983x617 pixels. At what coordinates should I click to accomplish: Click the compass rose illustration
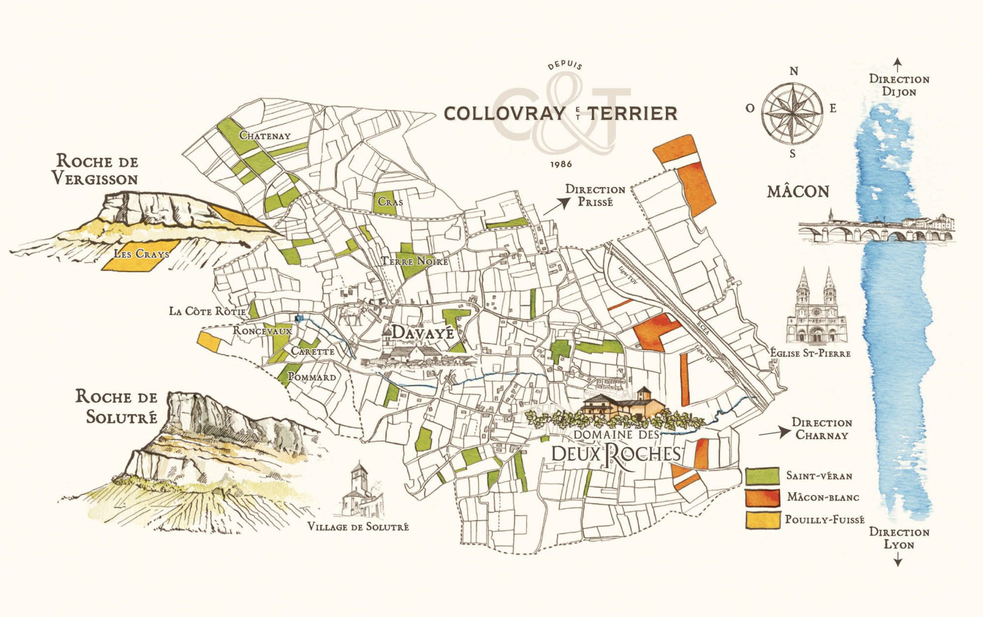point(792,113)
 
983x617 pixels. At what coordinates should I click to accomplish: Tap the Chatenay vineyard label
point(265,136)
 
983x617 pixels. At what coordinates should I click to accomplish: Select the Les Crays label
point(142,254)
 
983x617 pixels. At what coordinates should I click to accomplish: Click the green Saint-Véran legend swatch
point(762,476)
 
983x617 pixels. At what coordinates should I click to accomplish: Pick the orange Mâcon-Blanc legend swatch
point(762,498)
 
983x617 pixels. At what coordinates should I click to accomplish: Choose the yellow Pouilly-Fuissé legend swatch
point(762,520)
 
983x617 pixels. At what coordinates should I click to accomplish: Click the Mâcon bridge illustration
point(875,229)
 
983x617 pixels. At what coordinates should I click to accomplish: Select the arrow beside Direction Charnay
point(774,433)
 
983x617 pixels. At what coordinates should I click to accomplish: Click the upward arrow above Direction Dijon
point(897,64)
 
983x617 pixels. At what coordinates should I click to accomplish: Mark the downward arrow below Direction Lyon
point(897,559)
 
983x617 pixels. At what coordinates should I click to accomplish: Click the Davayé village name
point(423,333)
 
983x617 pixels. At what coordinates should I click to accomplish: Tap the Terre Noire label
point(415,261)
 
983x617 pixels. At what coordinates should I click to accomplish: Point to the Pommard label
point(312,377)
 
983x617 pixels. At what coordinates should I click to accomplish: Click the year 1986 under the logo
point(561,164)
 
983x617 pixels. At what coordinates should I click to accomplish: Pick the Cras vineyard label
point(390,202)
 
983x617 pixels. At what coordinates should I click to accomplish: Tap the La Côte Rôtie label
point(207,311)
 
